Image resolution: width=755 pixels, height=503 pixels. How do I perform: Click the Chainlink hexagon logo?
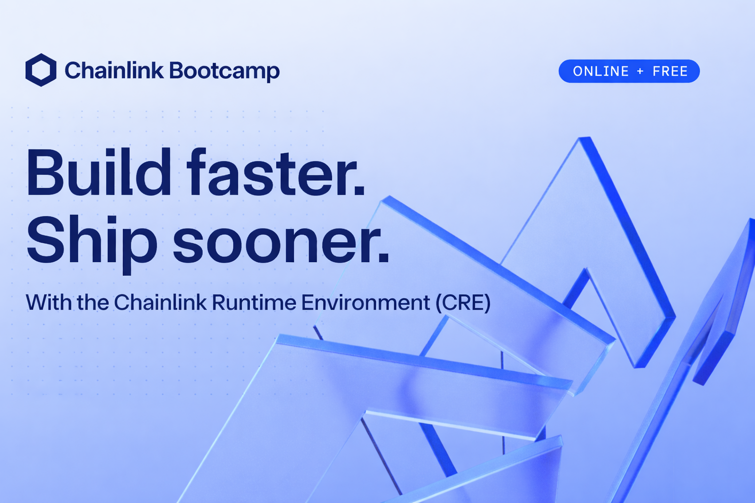(41, 70)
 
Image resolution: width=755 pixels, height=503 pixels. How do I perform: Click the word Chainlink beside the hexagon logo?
(114, 70)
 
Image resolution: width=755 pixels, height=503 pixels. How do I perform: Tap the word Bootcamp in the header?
(224, 71)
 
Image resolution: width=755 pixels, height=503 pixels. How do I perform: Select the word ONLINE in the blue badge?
(601, 71)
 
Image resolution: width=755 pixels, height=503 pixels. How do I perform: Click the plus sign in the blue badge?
(640, 71)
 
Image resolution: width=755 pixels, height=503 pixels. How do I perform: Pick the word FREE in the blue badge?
(670, 71)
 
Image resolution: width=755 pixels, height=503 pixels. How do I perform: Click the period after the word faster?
(360, 191)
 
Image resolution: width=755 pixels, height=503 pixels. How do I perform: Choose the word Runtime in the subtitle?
(254, 302)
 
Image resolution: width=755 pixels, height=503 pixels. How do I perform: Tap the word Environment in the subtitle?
(366, 302)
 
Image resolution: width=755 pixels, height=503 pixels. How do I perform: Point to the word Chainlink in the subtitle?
(160, 302)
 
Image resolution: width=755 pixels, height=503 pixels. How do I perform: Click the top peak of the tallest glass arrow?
(585, 138)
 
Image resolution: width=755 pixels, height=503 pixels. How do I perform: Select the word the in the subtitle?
(93, 302)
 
